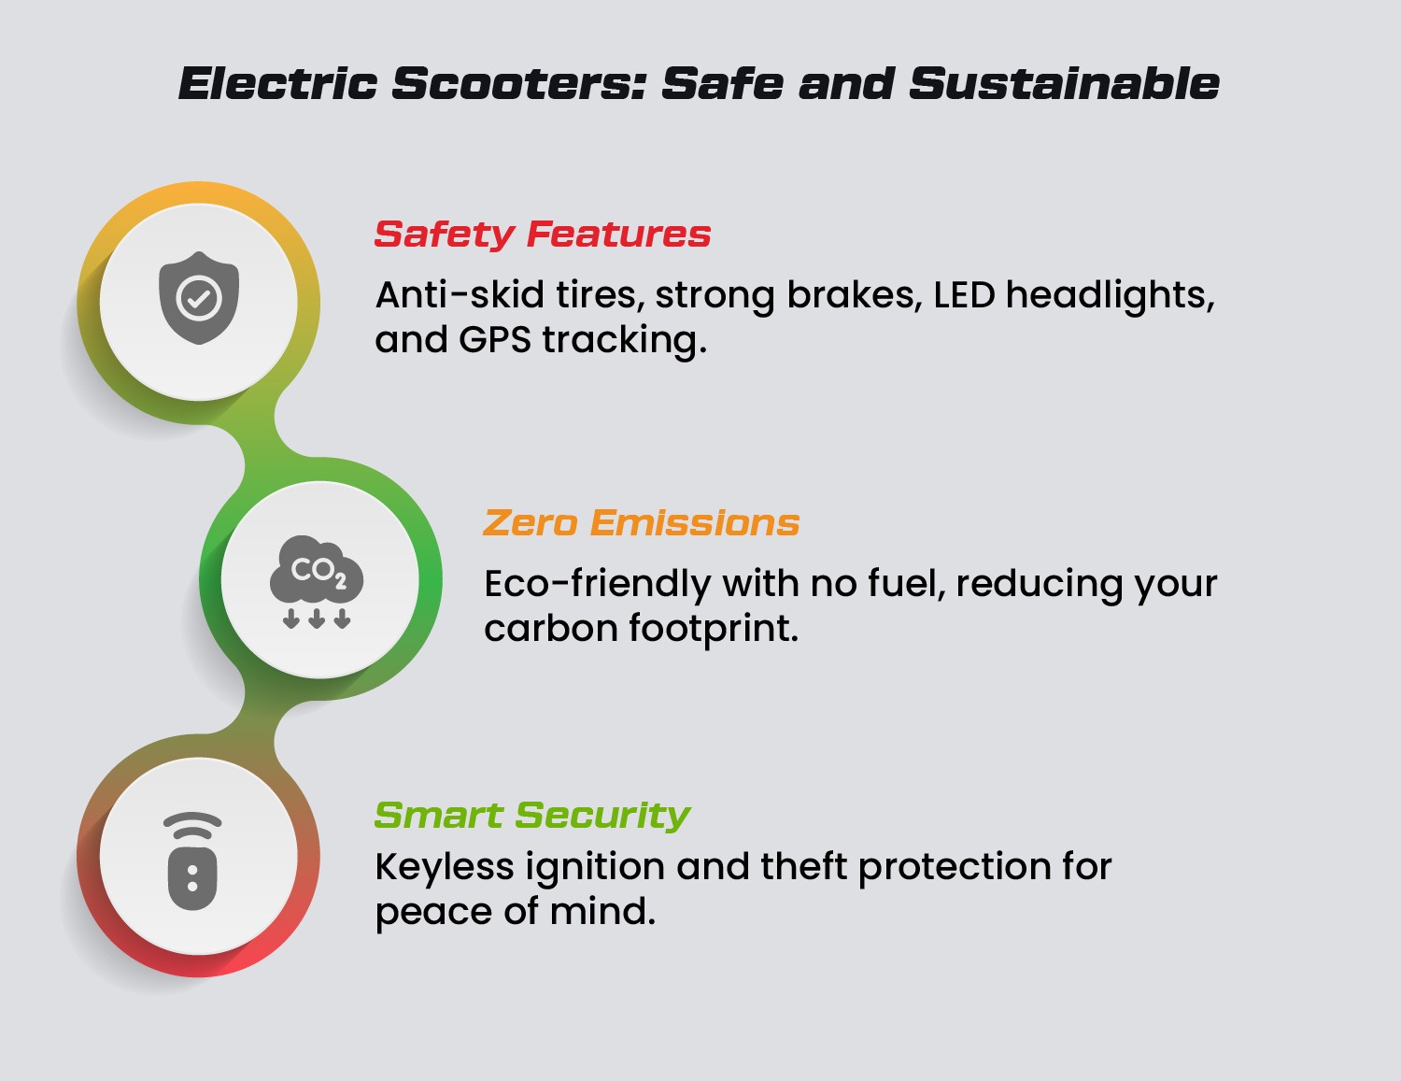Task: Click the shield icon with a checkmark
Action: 199,297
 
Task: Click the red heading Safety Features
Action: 543,235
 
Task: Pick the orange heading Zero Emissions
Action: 642,522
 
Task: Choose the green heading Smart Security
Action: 531,816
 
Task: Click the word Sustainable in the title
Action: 1064,84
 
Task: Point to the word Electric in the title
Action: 278,84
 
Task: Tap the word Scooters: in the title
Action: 519,84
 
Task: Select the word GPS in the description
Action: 494,340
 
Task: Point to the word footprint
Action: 714,628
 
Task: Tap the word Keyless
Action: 445,866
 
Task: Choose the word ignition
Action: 595,867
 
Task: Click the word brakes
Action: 855,295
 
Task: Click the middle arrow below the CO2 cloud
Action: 316,618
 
